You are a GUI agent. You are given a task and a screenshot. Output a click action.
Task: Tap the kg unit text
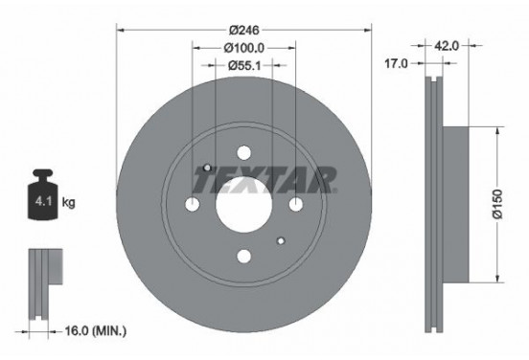click(69, 203)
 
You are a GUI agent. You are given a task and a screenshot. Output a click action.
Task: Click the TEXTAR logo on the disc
click(264, 178)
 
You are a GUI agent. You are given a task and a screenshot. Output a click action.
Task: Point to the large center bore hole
click(243, 203)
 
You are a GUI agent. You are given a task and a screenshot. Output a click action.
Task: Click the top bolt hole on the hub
click(243, 151)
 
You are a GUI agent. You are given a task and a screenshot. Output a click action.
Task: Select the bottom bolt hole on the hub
click(243, 255)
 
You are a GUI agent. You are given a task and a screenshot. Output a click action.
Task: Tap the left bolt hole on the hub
click(192, 203)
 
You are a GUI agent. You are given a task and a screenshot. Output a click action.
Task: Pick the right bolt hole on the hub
click(294, 203)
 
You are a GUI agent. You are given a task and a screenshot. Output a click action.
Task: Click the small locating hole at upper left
click(206, 168)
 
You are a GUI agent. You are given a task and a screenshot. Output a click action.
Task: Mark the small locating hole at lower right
click(280, 239)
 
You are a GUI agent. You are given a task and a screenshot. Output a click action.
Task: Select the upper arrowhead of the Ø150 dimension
click(497, 133)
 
